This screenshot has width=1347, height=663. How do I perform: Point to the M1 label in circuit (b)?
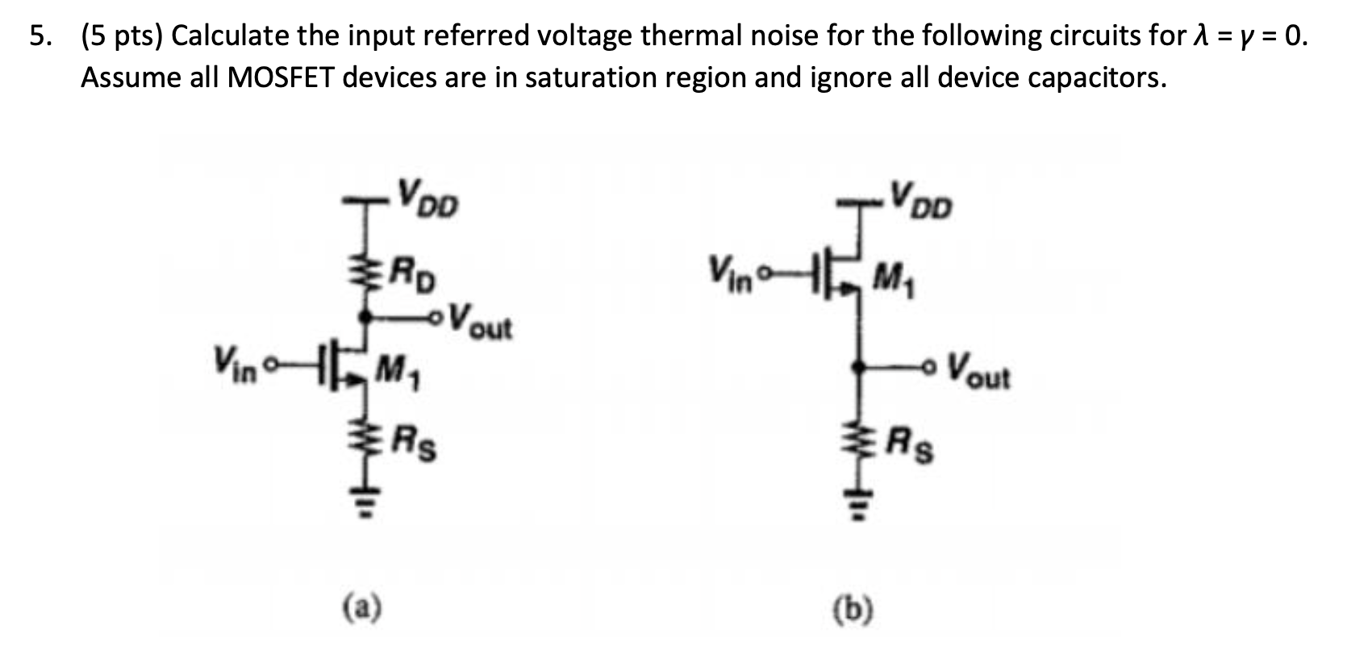[894, 280]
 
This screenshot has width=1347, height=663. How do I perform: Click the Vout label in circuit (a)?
[481, 321]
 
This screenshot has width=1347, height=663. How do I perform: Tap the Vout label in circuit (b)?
[977, 372]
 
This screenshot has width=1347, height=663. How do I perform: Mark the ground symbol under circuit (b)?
[861, 507]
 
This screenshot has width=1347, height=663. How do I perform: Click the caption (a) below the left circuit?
[362, 606]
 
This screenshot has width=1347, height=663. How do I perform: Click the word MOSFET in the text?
[281, 77]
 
